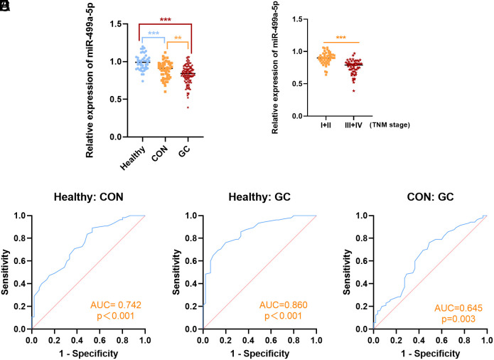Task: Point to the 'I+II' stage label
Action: [x=326, y=123]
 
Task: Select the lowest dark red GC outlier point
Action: [x=188, y=107]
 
